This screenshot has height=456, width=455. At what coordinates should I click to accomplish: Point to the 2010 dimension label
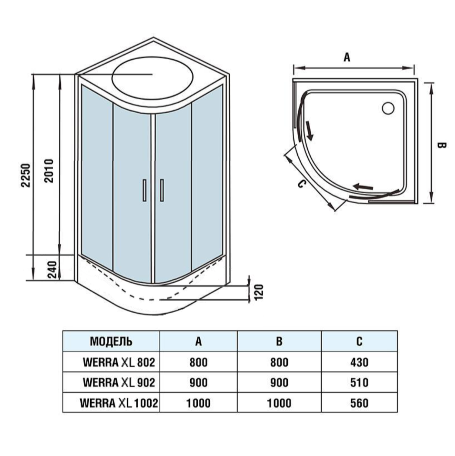point(48,170)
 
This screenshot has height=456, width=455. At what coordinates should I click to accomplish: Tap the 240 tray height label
point(52,269)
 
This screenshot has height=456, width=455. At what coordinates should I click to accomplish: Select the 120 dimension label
point(259,292)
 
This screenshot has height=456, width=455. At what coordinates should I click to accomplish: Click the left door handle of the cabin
point(144,190)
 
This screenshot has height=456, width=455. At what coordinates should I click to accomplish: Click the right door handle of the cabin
point(162,190)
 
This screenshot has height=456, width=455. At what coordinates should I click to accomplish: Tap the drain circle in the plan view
point(388,108)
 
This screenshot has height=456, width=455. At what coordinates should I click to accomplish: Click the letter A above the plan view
point(347,57)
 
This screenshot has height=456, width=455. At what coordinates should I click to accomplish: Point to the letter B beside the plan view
point(441,146)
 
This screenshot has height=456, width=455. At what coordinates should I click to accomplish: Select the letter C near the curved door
point(302,183)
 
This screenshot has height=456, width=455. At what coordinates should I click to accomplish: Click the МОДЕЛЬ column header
point(111,341)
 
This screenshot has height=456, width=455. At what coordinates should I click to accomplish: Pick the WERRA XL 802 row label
point(119,362)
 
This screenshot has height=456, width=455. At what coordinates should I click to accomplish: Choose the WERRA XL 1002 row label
point(119,403)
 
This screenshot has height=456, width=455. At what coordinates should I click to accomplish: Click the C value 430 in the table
point(359,362)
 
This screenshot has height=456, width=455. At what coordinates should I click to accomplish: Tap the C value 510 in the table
point(359,382)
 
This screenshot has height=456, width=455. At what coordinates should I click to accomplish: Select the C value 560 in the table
point(359,403)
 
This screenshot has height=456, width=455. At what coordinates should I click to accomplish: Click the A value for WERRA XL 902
point(198,382)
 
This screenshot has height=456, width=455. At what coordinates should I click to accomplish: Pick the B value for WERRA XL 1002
point(279,403)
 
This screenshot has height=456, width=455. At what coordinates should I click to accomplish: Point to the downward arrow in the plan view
point(309,131)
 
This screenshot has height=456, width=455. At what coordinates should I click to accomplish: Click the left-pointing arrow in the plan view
point(362,186)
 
